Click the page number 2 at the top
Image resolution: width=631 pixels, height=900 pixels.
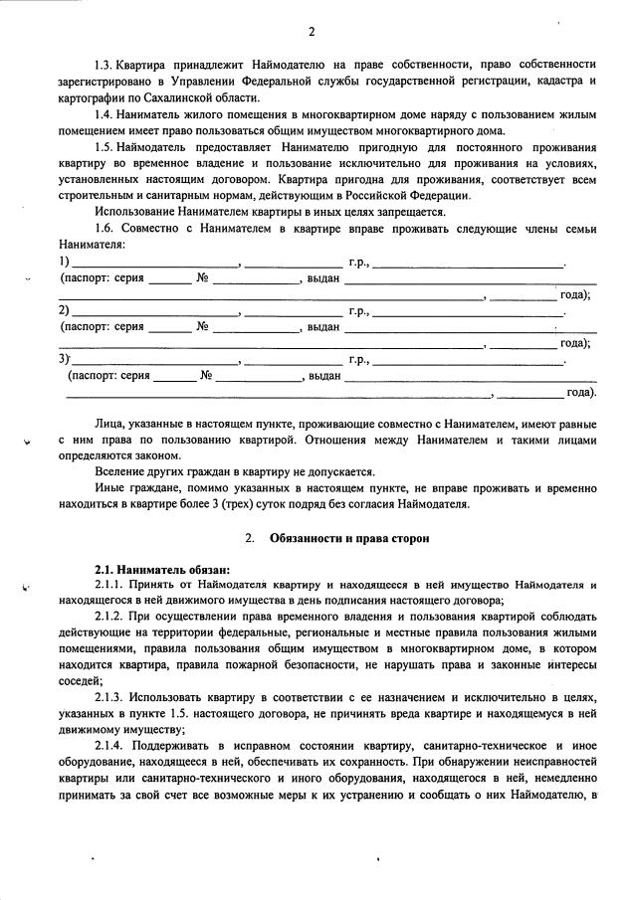(x=312, y=32)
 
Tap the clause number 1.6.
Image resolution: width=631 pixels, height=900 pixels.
(x=105, y=230)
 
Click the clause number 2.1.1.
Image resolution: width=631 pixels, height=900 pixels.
(x=109, y=586)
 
